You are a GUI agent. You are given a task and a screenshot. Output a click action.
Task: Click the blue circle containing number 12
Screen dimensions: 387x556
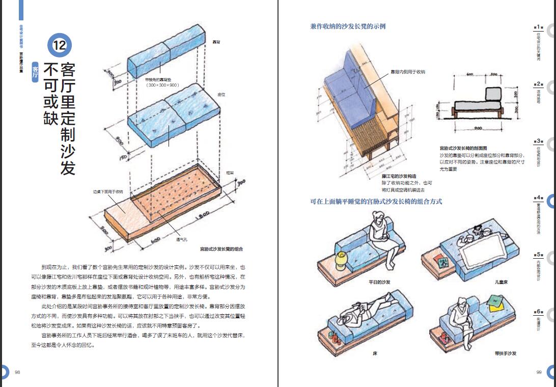(x=60, y=45)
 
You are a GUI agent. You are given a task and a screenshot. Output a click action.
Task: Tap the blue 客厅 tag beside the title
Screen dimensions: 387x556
(x=35, y=71)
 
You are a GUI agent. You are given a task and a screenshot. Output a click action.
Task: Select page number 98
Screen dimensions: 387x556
(x=17, y=372)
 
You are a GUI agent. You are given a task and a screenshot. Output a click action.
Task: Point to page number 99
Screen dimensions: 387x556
(x=539, y=372)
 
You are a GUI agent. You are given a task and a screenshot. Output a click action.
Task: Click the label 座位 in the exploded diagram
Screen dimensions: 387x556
(x=221, y=95)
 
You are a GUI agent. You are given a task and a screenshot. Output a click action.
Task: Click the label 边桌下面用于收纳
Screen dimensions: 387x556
(x=107, y=192)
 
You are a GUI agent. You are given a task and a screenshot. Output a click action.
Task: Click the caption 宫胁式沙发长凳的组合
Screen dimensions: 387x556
(x=221, y=250)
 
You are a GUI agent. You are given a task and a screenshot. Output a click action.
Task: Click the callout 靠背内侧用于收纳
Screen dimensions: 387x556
(x=407, y=72)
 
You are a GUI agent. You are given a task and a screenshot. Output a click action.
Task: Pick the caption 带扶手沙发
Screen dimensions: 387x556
(x=505, y=353)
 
